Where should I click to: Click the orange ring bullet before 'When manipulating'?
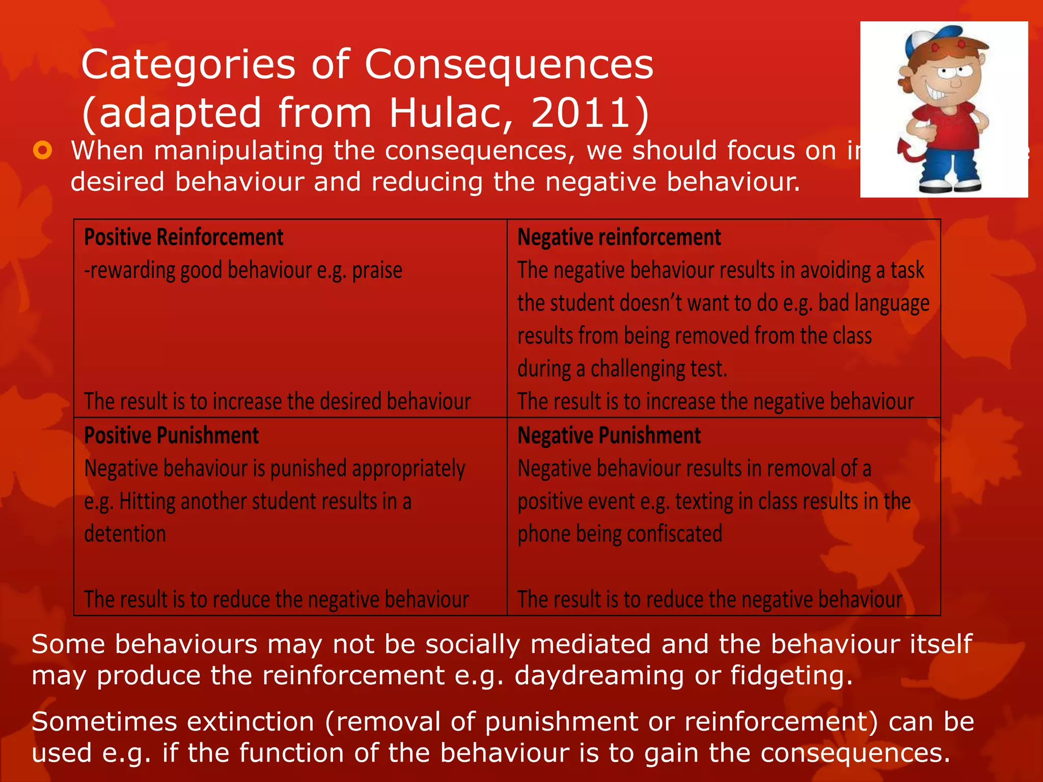tap(43, 151)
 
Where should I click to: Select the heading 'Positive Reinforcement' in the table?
tap(183, 237)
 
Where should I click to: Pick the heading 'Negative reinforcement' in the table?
tap(619, 237)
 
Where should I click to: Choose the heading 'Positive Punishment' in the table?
tap(171, 436)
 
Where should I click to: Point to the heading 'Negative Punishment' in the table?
tap(609, 436)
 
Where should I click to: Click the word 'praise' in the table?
tap(377, 270)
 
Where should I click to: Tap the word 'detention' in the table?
tap(125, 534)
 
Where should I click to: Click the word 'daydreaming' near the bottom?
tap(599, 676)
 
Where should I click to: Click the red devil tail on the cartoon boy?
tap(909, 153)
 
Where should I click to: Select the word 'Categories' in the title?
tap(188, 65)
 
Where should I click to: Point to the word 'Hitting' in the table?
tap(147, 501)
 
